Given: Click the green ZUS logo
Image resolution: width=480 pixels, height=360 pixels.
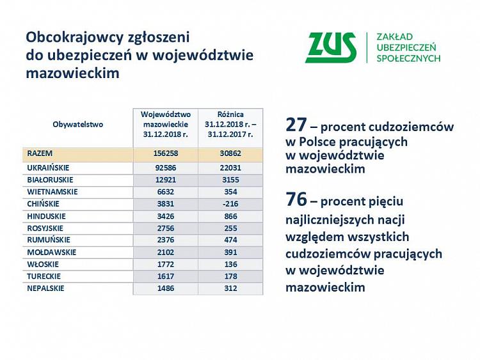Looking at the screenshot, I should (x=331, y=47).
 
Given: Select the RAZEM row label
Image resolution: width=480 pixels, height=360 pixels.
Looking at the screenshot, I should (x=40, y=154).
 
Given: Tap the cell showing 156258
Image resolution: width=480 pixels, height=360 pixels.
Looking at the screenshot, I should (x=166, y=154).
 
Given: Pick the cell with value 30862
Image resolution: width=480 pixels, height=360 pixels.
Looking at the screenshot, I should (x=230, y=154).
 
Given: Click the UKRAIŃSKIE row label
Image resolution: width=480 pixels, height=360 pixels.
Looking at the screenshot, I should (x=49, y=168).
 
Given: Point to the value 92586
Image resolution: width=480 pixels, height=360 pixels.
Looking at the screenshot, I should (x=166, y=168).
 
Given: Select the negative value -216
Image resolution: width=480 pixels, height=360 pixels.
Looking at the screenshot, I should (x=230, y=204).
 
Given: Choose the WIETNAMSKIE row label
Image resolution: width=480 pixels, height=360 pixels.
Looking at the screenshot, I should (x=52, y=192).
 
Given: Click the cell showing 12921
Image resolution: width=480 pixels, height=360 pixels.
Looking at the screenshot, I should (x=166, y=180).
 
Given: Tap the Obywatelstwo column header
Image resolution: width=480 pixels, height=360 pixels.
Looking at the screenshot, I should (x=78, y=125).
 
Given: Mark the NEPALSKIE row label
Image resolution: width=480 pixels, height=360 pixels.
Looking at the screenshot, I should (x=46, y=288).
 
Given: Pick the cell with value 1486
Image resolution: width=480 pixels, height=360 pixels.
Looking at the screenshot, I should (x=166, y=288).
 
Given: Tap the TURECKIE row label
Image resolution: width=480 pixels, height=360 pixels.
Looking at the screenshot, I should (x=44, y=276).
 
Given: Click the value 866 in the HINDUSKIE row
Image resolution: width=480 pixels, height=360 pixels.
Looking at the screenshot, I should (x=230, y=216).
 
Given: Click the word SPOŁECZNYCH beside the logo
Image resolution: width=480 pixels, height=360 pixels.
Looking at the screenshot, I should (x=408, y=58).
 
